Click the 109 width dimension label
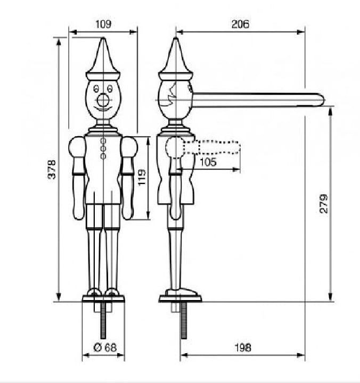103,24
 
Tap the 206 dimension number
240,24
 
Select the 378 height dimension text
52,169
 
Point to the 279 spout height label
324,203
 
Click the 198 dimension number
243,347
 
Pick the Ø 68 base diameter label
105,347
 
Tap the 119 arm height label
142,177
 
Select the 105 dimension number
208,162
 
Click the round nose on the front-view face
103,100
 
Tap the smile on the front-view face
103,109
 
